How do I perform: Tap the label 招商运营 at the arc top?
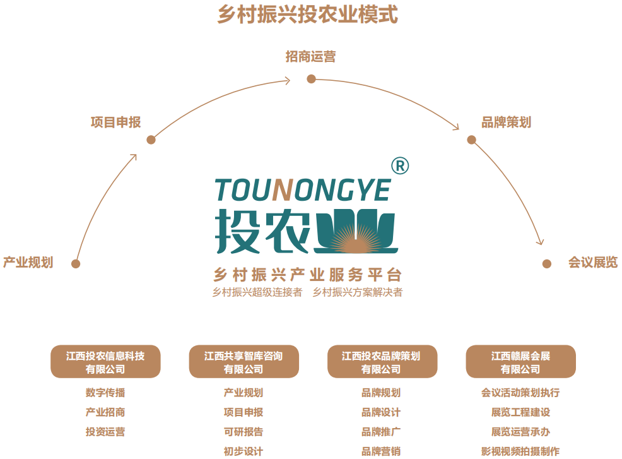click(x=310, y=57)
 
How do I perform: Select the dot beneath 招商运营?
click(x=311, y=79)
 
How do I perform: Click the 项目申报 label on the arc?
click(x=115, y=122)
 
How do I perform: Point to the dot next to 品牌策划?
click(x=471, y=140)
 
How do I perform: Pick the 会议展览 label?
click(x=592, y=263)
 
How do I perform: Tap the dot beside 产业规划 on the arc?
click(x=76, y=264)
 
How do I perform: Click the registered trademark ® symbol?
click(x=400, y=165)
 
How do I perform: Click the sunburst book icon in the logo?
click(x=356, y=232)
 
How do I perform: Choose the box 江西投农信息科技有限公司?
click(x=105, y=362)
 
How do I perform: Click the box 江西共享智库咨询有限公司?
click(x=244, y=362)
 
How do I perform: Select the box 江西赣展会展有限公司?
click(x=520, y=362)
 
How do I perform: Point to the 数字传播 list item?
click(x=105, y=393)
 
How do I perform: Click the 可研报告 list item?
click(x=244, y=432)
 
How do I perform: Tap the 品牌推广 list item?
click(x=381, y=432)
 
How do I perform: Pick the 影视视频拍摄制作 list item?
click(x=520, y=451)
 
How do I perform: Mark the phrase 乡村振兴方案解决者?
click(x=358, y=292)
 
